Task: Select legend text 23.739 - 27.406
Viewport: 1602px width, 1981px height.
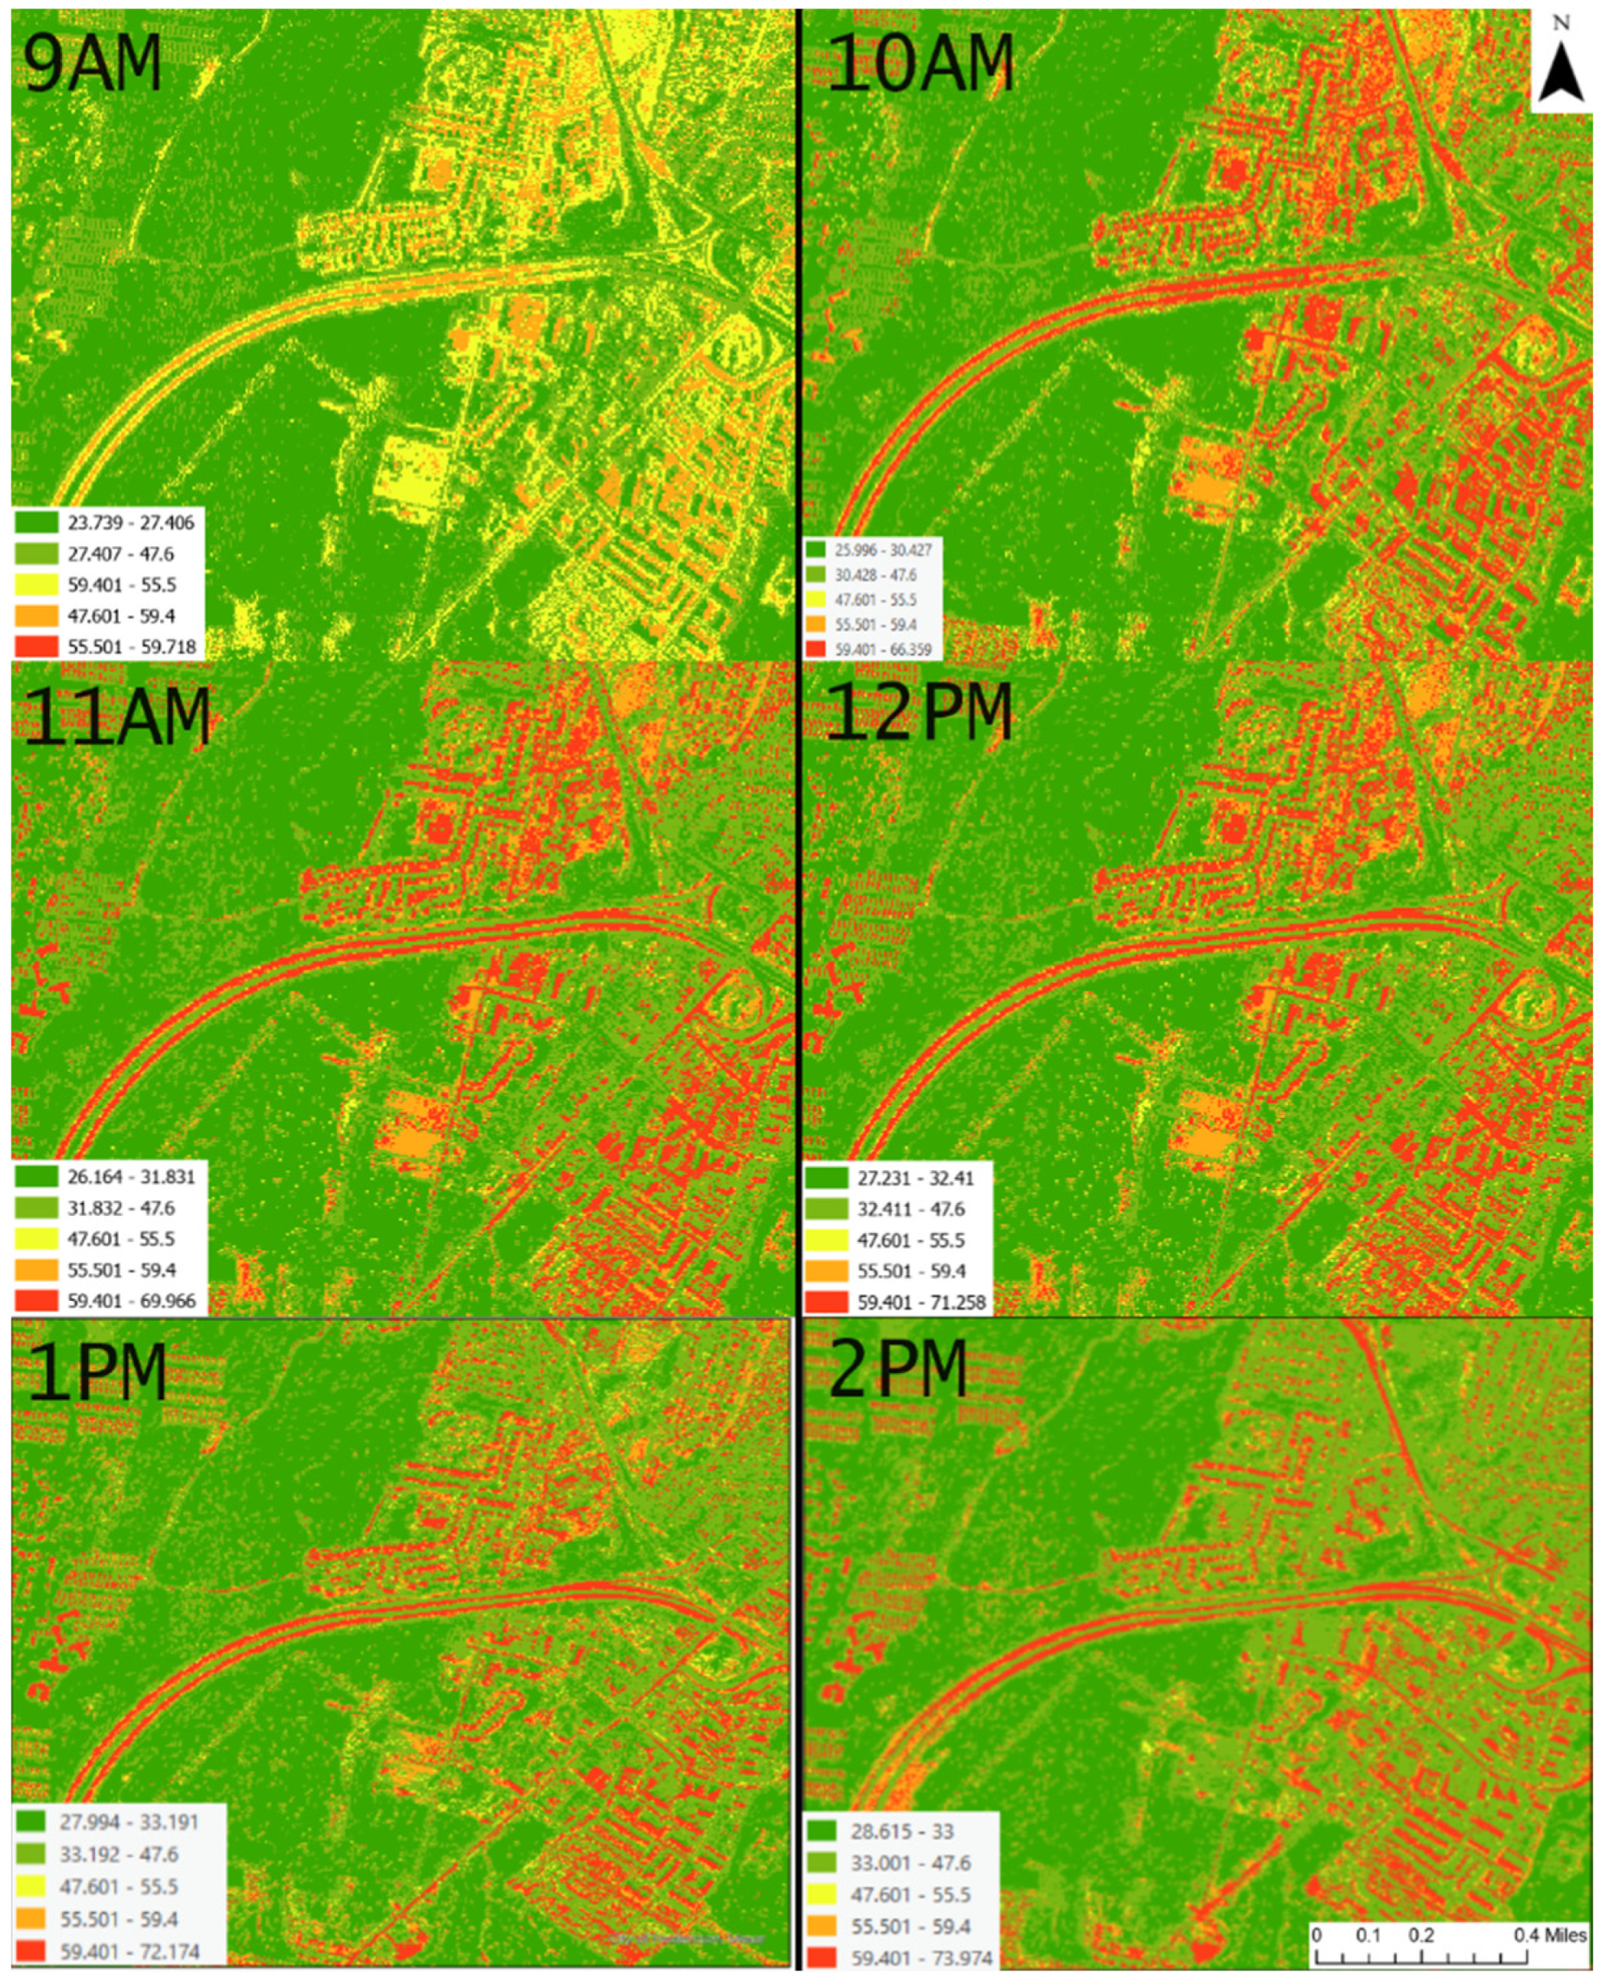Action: click(131, 523)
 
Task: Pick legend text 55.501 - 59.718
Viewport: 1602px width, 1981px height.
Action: click(132, 646)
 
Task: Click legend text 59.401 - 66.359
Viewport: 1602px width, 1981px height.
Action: click(883, 650)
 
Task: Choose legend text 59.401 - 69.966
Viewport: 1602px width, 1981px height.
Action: click(132, 1302)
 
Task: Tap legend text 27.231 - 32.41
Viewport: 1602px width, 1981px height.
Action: click(915, 1178)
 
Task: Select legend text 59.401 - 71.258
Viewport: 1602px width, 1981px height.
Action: click(921, 1302)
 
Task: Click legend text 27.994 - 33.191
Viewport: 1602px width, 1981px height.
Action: click(129, 1822)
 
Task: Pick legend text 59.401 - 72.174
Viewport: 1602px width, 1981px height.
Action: click(129, 1952)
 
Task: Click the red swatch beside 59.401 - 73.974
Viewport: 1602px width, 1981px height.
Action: click(821, 1957)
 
